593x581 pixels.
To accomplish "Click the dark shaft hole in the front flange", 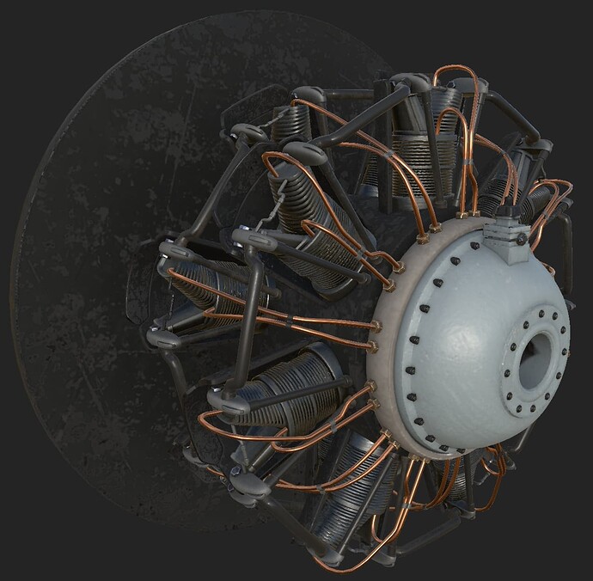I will [535, 356].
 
